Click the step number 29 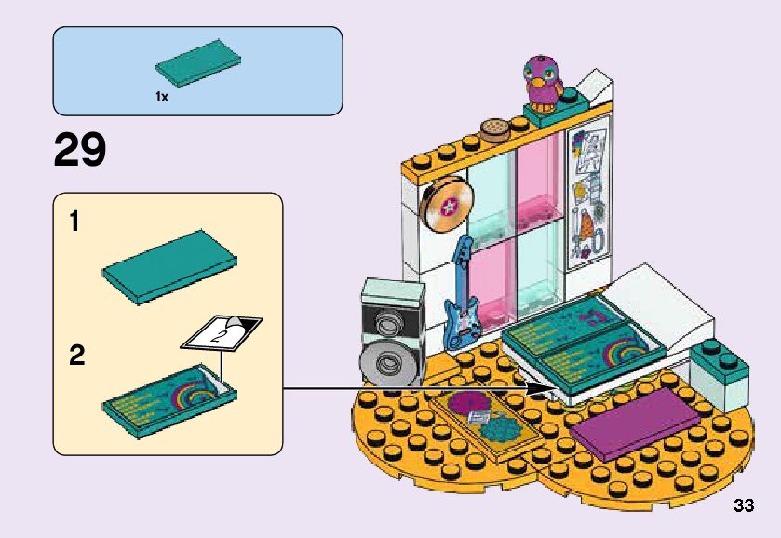coord(80,150)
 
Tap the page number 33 coord(744,506)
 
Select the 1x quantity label coord(162,97)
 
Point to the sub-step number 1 coord(74,223)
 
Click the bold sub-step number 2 coord(76,356)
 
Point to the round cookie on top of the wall coord(494,129)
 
